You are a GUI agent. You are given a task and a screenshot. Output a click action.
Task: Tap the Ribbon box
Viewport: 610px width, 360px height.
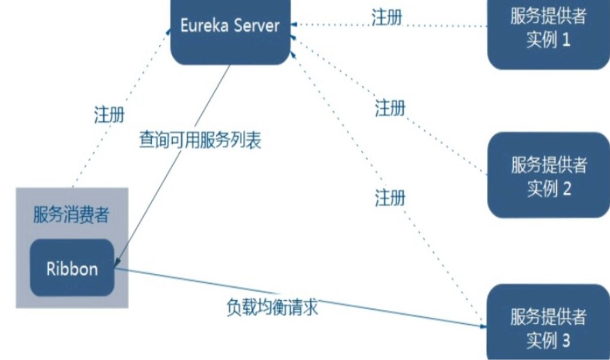point(72,268)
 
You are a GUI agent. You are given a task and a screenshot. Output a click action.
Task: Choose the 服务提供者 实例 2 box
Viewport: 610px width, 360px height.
point(548,175)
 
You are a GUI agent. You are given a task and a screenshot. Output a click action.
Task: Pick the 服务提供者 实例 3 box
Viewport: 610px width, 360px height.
point(548,326)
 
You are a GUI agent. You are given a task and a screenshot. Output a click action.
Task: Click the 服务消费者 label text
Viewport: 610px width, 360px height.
point(71,215)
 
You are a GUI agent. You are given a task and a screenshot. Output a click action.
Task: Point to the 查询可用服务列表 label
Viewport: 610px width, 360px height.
point(201,141)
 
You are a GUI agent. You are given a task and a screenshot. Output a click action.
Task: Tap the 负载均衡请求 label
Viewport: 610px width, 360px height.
point(273,307)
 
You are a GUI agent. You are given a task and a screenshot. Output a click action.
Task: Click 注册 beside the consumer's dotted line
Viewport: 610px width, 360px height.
point(109,115)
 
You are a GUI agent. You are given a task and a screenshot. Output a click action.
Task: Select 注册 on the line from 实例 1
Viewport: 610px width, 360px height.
point(387,17)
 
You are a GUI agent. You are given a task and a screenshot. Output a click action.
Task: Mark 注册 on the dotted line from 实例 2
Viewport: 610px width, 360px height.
point(391,108)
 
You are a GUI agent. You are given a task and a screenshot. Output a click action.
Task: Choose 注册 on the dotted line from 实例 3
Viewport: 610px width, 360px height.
point(391,197)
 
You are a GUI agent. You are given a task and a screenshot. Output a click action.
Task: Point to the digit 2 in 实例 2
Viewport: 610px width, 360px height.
point(567,189)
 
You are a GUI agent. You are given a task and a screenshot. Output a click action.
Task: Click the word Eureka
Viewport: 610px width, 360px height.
point(205,26)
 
